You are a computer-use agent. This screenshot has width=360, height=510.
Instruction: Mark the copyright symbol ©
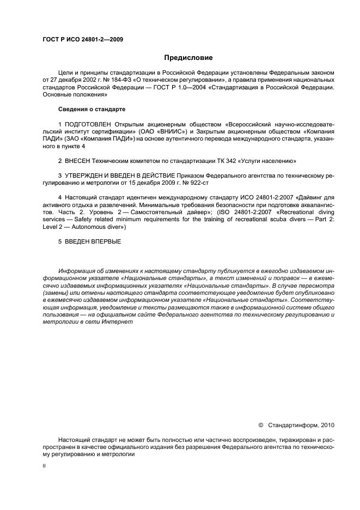pos(260,424)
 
